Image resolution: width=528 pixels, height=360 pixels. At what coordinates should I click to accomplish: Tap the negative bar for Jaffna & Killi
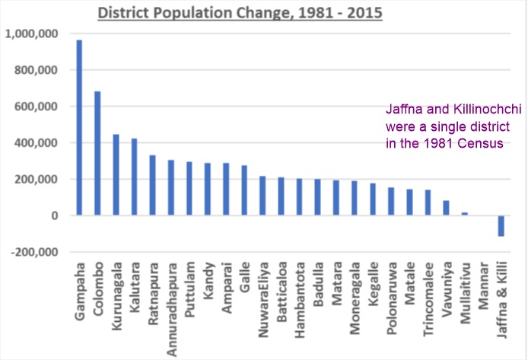click(501, 226)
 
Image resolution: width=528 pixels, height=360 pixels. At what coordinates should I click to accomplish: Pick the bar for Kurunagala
click(116, 175)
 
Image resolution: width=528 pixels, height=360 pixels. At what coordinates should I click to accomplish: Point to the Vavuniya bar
click(446, 208)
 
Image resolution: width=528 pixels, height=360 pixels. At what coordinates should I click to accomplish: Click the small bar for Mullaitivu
click(464, 214)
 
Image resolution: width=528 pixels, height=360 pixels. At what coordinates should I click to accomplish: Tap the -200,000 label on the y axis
click(33, 253)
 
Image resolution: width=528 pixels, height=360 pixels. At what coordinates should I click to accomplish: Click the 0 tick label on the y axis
click(55, 216)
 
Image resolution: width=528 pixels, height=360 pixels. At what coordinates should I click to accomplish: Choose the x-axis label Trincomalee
click(428, 300)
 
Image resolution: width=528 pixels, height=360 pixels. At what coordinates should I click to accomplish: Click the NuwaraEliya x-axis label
click(262, 298)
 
